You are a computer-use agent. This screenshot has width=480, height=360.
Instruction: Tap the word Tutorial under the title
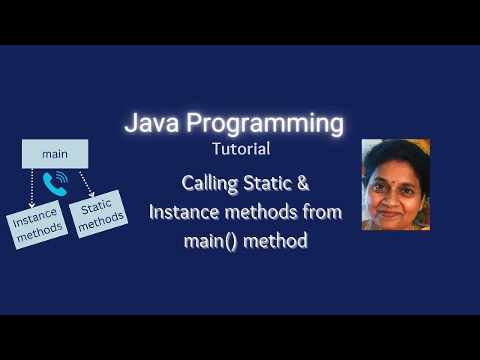241,148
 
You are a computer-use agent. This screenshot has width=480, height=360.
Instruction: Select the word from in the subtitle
322,212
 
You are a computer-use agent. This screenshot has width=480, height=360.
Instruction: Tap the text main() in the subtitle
208,241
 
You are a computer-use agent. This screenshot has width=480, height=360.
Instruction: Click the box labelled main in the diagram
55,154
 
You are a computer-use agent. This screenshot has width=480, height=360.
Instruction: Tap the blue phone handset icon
55,182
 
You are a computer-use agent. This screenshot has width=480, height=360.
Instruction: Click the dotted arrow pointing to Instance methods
32,187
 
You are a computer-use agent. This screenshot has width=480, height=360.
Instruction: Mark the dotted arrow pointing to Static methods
85,184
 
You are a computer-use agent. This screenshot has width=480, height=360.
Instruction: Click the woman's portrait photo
395,184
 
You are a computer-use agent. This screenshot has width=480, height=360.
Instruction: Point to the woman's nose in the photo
391,196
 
